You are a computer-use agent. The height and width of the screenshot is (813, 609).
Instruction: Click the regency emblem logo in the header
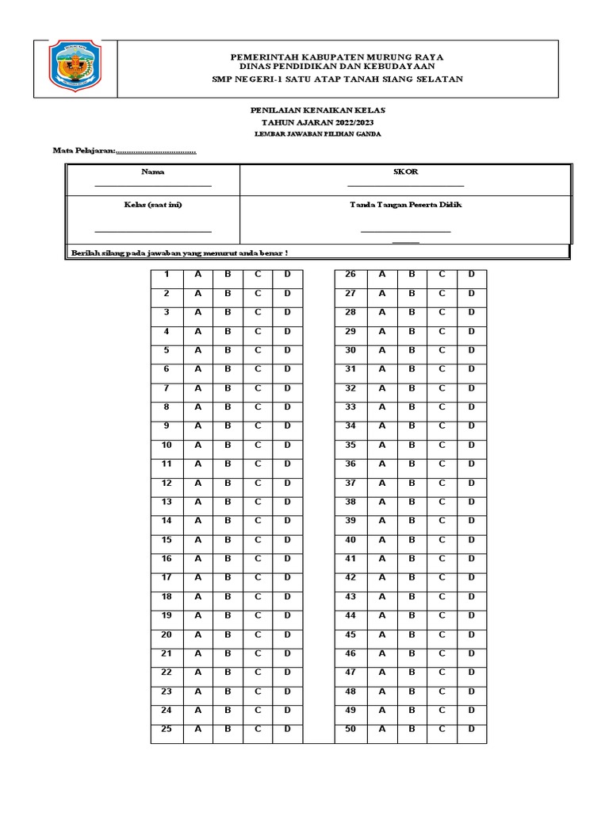click(75, 67)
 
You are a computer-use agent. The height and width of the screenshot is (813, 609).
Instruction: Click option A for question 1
click(198, 275)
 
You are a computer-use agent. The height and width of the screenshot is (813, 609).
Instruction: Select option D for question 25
click(288, 730)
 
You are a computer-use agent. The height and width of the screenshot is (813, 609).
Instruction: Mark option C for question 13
click(258, 503)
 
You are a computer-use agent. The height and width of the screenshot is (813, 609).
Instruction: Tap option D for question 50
click(471, 730)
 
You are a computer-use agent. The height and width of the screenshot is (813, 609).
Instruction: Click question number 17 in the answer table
click(167, 578)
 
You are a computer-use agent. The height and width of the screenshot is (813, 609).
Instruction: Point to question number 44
click(350, 616)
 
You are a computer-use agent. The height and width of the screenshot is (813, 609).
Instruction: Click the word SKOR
click(405, 171)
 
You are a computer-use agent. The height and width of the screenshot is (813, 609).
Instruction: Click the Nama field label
click(153, 171)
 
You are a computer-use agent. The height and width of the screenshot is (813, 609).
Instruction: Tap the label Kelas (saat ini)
click(153, 205)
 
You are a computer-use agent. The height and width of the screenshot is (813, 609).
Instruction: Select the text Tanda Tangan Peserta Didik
click(405, 205)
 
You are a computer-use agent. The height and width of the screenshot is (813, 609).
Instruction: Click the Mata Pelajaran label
click(84, 151)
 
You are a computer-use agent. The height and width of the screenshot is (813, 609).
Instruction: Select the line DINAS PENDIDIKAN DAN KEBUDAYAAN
click(336, 68)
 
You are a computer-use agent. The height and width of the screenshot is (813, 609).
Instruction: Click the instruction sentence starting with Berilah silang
click(179, 252)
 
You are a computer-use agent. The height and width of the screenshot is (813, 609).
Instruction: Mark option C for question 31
click(442, 369)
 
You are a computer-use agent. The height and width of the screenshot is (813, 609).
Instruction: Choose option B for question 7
click(228, 388)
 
